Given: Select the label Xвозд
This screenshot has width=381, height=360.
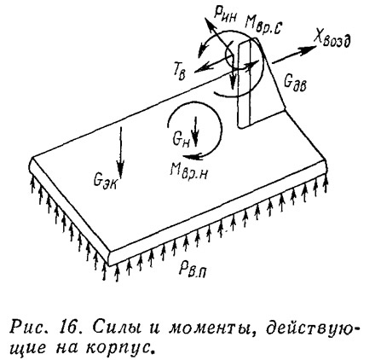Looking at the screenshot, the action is click(x=332, y=40).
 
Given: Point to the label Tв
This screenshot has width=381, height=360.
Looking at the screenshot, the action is click(x=180, y=73).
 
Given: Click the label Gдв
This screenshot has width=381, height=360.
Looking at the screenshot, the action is click(x=295, y=84).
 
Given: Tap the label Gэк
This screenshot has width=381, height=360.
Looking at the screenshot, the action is click(x=105, y=180).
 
